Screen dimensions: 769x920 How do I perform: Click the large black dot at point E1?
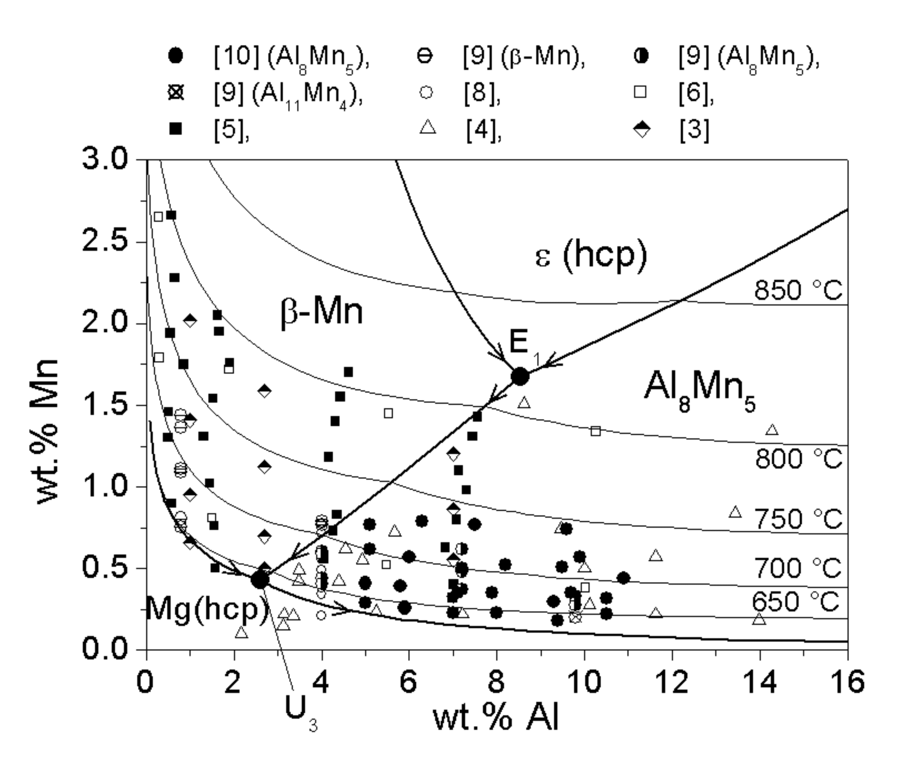[x=520, y=376]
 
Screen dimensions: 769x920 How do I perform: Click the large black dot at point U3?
[x=260, y=580]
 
